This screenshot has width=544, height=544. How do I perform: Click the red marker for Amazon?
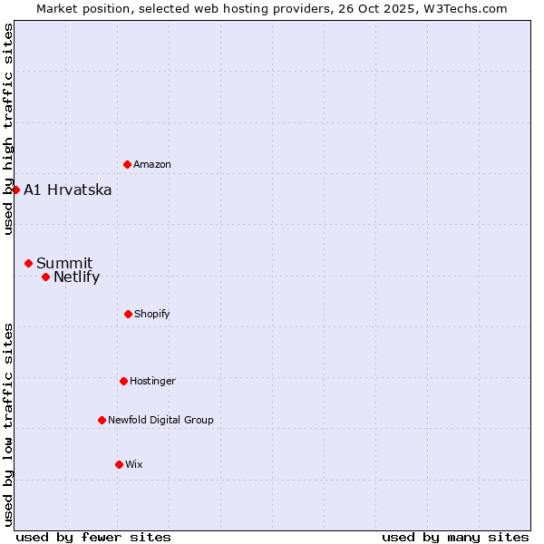(x=127, y=164)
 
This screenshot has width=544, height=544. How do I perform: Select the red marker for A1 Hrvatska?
(x=15, y=189)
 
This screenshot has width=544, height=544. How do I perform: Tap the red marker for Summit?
(x=28, y=263)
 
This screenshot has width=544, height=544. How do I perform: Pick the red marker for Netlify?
(x=45, y=277)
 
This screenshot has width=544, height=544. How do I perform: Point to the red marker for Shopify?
(x=128, y=314)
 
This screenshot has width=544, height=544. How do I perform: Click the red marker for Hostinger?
(x=123, y=381)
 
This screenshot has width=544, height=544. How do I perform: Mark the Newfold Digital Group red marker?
(x=102, y=420)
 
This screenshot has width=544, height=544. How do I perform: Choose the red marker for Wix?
(x=119, y=464)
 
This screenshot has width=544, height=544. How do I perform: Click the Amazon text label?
(x=152, y=165)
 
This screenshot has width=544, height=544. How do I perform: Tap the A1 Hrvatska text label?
(x=68, y=190)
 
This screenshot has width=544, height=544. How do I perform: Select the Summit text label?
(x=64, y=264)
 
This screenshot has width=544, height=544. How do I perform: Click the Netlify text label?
(x=77, y=277)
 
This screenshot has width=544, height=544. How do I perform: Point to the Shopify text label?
(x=152, y=315)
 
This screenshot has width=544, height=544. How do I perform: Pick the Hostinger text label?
(x=152, y=382)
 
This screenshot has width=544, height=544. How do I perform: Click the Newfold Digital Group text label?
(x=160, y=421)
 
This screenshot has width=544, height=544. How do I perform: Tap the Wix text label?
(x=134, y=465)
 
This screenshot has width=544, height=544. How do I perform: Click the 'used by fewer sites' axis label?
(x=93, y=537)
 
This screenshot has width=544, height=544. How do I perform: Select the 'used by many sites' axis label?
(x=455, y=537)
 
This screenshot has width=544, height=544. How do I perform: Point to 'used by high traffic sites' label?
(x=8, y=129)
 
